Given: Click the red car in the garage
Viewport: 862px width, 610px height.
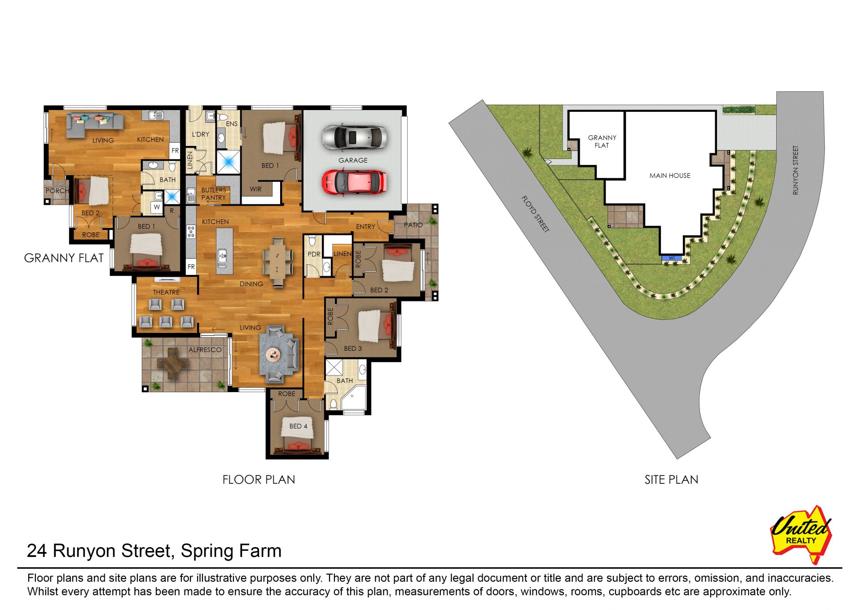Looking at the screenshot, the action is coord(354,182).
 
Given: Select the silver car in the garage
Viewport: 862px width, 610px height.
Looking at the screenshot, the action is coord(354,137).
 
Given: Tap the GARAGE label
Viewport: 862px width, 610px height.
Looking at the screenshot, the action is coord(353,160).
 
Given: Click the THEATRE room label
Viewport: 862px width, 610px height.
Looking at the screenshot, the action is coord(166,292).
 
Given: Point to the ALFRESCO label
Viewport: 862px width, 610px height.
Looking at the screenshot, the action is coord(205,349).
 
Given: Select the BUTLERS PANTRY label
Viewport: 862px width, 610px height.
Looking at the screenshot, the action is coord(214,194).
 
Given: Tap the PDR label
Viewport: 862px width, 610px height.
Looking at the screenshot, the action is coord(314,254).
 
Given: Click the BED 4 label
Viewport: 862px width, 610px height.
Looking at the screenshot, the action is coord(299,426).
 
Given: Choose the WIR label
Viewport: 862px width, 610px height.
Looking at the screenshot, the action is coord(255,189).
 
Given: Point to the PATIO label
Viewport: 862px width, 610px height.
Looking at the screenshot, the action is coord(413,225).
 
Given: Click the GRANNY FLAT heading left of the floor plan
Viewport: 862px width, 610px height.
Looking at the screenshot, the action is coord(64,258).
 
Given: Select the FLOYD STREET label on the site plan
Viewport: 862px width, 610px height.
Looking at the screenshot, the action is coord(536,214).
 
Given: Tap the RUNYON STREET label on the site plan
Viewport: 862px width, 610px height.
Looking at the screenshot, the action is coord(796,170).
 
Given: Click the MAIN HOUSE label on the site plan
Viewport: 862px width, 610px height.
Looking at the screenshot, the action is coord(670,176).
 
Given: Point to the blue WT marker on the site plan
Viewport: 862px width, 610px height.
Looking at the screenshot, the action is coord(672,258).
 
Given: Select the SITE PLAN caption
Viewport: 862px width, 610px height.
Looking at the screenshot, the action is coord(671,480).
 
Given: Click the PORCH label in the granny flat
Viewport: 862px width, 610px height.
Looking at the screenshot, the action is coord(57,190).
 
